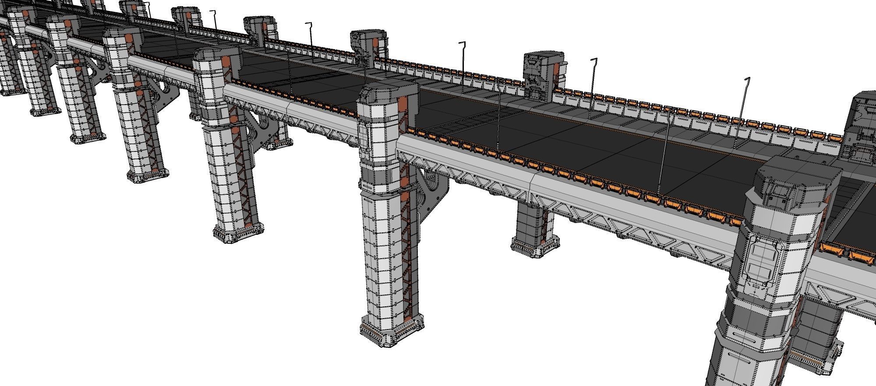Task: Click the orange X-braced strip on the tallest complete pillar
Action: [406, 245]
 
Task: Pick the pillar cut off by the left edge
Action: [5, 66]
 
